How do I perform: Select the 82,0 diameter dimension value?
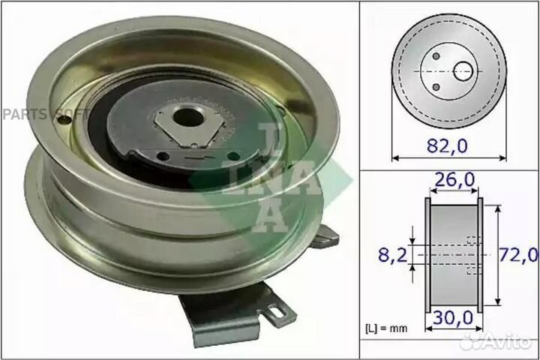[448, 146]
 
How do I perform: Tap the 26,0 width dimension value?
[452, 181]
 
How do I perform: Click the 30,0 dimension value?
[452, 318]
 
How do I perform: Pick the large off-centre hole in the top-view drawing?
[463, 71]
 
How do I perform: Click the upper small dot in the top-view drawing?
[436, 55]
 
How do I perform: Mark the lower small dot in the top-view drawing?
[436, 88]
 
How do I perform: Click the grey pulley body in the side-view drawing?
[452, 255]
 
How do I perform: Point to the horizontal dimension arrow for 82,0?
[448, 158]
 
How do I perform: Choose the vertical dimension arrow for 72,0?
[497, 255]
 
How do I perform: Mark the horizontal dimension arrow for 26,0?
[452, 193]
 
